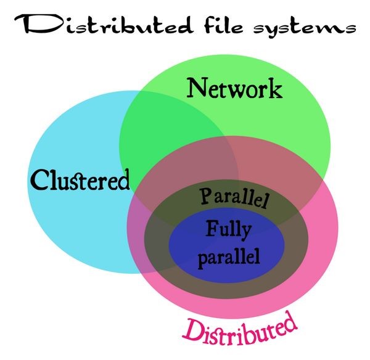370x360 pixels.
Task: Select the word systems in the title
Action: pos(302,26)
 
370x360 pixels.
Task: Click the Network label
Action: pos(234,89)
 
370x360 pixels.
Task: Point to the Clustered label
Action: pos(80,180)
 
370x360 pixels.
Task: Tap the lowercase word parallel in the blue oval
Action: pos(228,254)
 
